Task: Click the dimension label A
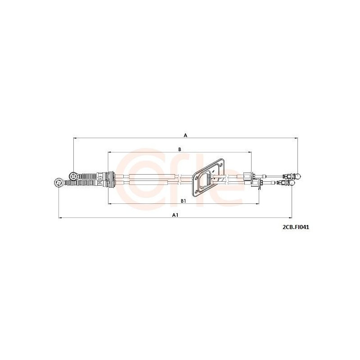[185, 135]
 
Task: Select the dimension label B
[180, 149]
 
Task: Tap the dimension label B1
[183, 201]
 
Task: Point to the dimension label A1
[175, 215]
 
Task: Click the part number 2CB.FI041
[296, 227]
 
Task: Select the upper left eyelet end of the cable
[73, 176]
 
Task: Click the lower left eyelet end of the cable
[58, 183]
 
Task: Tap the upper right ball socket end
[297, 176]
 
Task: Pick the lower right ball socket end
[292, 183]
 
